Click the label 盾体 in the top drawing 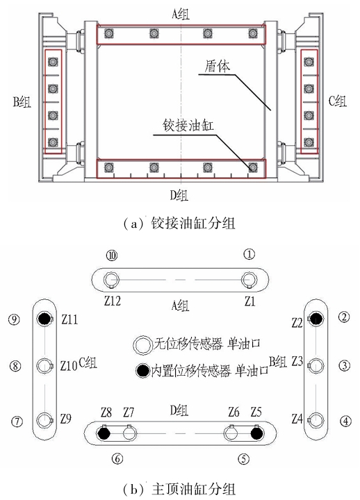217,67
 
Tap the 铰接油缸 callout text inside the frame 188,125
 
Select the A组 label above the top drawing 180,14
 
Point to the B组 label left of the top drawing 22,102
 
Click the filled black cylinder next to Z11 44,318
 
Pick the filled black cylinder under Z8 104,433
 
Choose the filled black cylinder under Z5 256,433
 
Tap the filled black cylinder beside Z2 316,318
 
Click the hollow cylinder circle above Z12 111,280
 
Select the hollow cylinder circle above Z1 249,280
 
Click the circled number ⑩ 112,256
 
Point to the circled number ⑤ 243,459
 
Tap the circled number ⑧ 15,365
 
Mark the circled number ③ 345,365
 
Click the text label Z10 69,365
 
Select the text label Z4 297,418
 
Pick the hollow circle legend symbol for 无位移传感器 142,344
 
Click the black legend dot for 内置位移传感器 142,371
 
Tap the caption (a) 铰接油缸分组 179,223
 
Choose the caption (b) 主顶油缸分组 179,489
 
